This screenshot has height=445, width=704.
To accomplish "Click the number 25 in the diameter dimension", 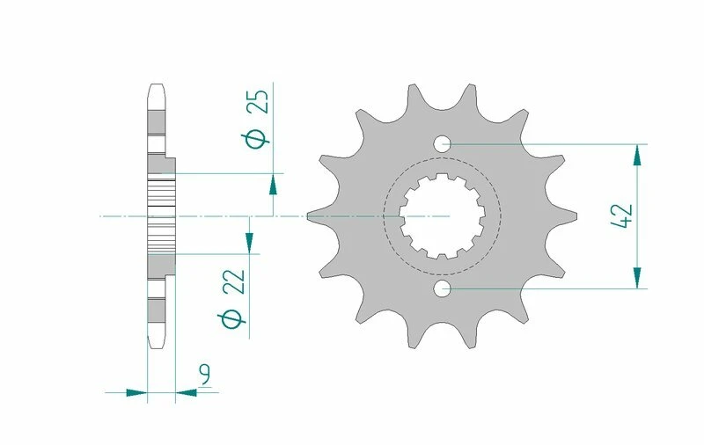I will (256, 102).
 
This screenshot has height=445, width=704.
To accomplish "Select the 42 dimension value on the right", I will (620, 216).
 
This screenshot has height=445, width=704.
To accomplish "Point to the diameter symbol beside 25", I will (256, 138).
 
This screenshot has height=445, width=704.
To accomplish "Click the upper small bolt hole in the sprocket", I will (442, 143).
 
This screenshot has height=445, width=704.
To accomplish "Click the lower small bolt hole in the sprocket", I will (442, 288).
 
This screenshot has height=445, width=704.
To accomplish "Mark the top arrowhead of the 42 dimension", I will (635, 155).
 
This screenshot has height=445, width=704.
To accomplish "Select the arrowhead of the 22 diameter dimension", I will (249, 243).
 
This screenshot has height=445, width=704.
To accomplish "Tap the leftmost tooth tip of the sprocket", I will (310, 215).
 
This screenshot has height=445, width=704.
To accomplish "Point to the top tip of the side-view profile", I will (156, 85).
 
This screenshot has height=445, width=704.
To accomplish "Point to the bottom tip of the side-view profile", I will (156, 346).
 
